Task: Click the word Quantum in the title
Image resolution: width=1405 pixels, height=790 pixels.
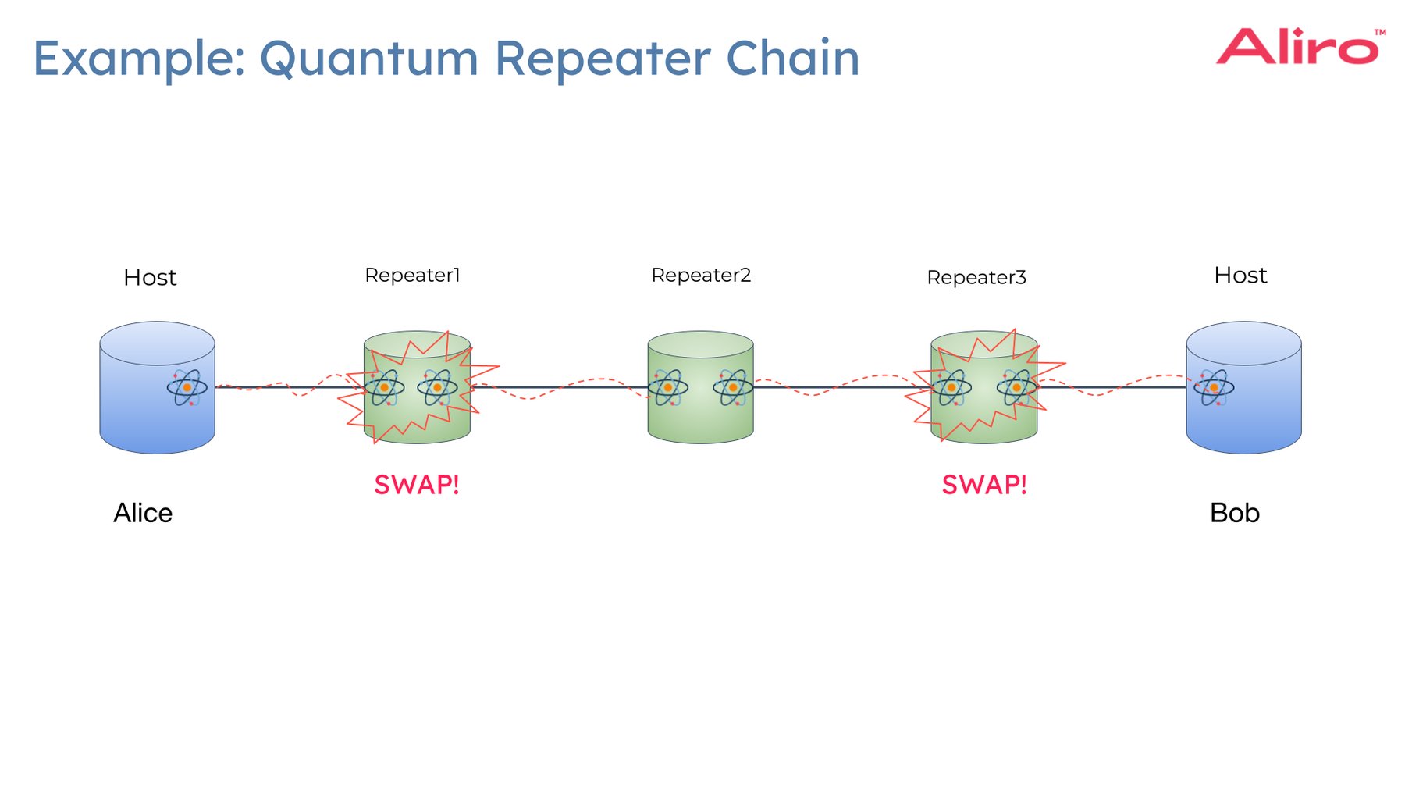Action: point(368,59)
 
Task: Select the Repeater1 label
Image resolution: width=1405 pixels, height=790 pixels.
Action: point(412,276)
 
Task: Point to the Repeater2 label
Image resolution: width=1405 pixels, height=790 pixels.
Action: point(701,276)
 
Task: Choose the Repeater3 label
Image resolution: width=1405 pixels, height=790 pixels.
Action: point(976,278)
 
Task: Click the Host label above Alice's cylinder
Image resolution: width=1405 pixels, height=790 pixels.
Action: point(150,278)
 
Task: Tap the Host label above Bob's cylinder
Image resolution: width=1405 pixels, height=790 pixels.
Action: point(1240,276)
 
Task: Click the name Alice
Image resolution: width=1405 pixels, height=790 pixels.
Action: point(143,513)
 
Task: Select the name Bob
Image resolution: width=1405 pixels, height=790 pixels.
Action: point(1234,513)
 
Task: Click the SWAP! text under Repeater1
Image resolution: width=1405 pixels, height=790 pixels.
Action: point(417,485)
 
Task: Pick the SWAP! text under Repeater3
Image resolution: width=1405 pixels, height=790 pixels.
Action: point(984,485)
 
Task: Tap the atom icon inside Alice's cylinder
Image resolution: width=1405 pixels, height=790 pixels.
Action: point(187,387)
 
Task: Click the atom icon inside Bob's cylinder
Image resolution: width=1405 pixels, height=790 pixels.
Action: point(1214,387)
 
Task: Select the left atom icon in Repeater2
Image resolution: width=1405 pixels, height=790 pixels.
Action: point(668,387)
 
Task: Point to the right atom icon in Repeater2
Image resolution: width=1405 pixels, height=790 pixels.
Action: point(733,387)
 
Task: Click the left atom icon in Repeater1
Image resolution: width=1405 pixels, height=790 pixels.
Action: point(384,387)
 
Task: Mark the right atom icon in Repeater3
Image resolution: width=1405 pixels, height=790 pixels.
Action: point(1016,387)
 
